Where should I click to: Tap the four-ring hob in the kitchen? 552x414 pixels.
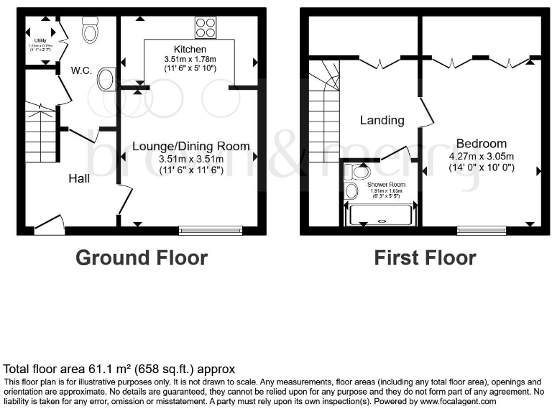(205, 28)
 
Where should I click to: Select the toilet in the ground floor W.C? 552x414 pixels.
(91, 31)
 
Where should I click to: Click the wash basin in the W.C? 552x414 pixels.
(105, 79)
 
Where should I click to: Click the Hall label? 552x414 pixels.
(79, 178)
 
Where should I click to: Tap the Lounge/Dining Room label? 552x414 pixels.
(191, 146)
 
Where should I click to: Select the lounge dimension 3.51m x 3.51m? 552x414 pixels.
(191, 158)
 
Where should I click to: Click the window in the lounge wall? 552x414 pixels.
(211, 230)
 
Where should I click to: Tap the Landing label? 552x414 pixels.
(382, 120)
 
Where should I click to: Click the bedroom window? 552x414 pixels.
(481, 230)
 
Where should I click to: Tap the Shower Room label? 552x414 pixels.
(387, 185)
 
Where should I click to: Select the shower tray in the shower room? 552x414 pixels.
(380, 215)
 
